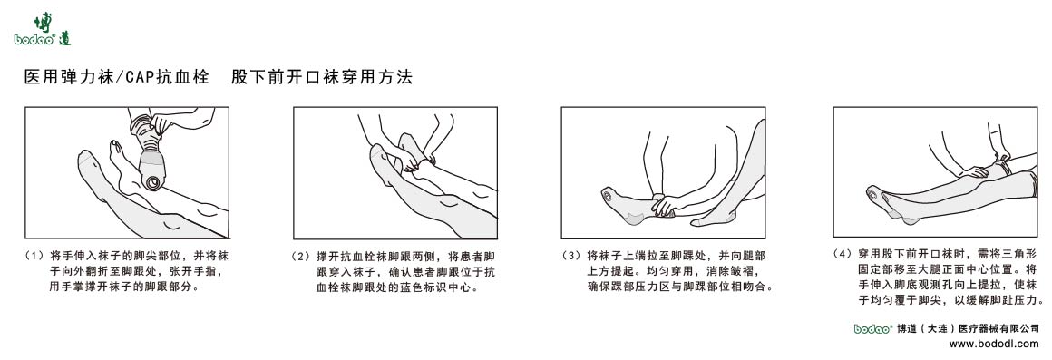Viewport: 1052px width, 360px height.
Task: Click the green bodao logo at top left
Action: (x=42, y=30)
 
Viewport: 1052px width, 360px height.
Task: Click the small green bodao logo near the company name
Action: (x=872, y=329)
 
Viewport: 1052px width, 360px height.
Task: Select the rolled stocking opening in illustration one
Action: (x=155, y=180)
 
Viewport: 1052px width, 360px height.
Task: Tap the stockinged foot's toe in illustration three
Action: (x=606, y=194)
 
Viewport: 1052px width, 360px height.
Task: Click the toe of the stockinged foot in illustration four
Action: (x=872, y=193)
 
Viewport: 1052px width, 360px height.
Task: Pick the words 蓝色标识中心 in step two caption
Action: (x=435, y=287)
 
